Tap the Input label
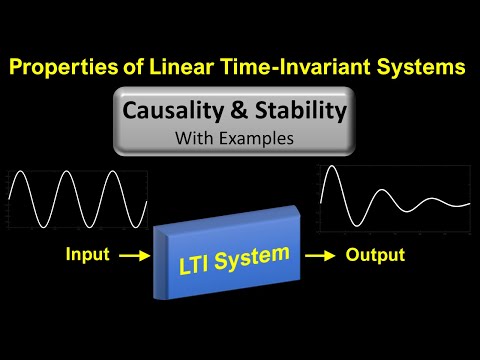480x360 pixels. coord(89,256)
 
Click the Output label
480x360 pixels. coord(375,256)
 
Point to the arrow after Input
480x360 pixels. coord(133,257)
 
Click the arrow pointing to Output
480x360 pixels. coord(319,257)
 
